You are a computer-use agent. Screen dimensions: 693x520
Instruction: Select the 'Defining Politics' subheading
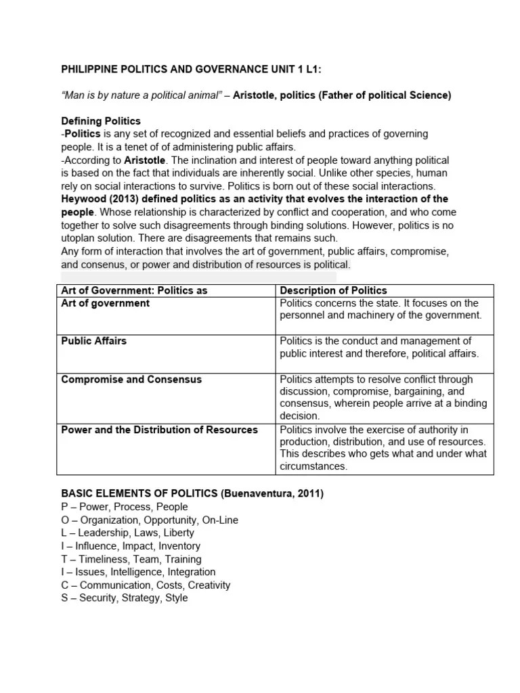pyautogui.click(x=101, y=121)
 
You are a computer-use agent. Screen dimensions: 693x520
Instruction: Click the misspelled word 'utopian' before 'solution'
pyautogui.click(x=79, y=238)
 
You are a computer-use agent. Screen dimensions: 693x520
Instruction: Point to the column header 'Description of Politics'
pyautogui.click(x=333, y=290)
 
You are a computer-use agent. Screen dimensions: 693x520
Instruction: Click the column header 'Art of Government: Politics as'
pyautogui.click(x=134, y=290)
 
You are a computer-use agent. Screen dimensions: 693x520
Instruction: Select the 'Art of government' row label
pyautogui.click(x=105, y=303)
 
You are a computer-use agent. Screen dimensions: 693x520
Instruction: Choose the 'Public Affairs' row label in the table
pyautogui.click(x=93, y=341)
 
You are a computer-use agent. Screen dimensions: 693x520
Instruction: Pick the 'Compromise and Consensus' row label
pyautogui.click(x=131, y=380)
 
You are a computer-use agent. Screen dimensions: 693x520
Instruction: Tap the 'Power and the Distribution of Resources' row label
pyautogui.click(x=159, y=430)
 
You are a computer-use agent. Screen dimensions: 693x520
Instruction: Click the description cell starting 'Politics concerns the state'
pyautogui.click(x=380, y=309)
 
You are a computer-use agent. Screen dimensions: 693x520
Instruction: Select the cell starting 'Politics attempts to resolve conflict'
pyautogui.click(x=383, y=398)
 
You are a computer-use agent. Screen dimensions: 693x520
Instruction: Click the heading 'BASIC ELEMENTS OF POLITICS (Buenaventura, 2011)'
pyautogui.click(x=192, y=494)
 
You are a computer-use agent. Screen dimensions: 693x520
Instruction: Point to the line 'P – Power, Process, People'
pyautogui.click(x=125, y=507)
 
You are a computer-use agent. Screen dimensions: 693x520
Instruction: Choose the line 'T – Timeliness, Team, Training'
pyautogui.click(x=131, y=560)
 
